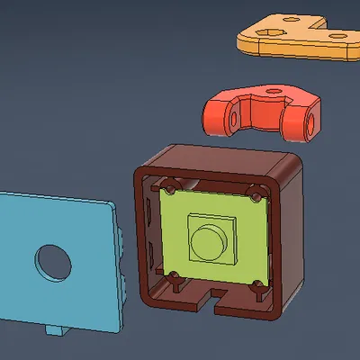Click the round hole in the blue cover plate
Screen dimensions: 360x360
(53, 261)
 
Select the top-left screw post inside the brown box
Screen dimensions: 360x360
(168, 189)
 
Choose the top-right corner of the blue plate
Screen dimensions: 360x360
(114, 206)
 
